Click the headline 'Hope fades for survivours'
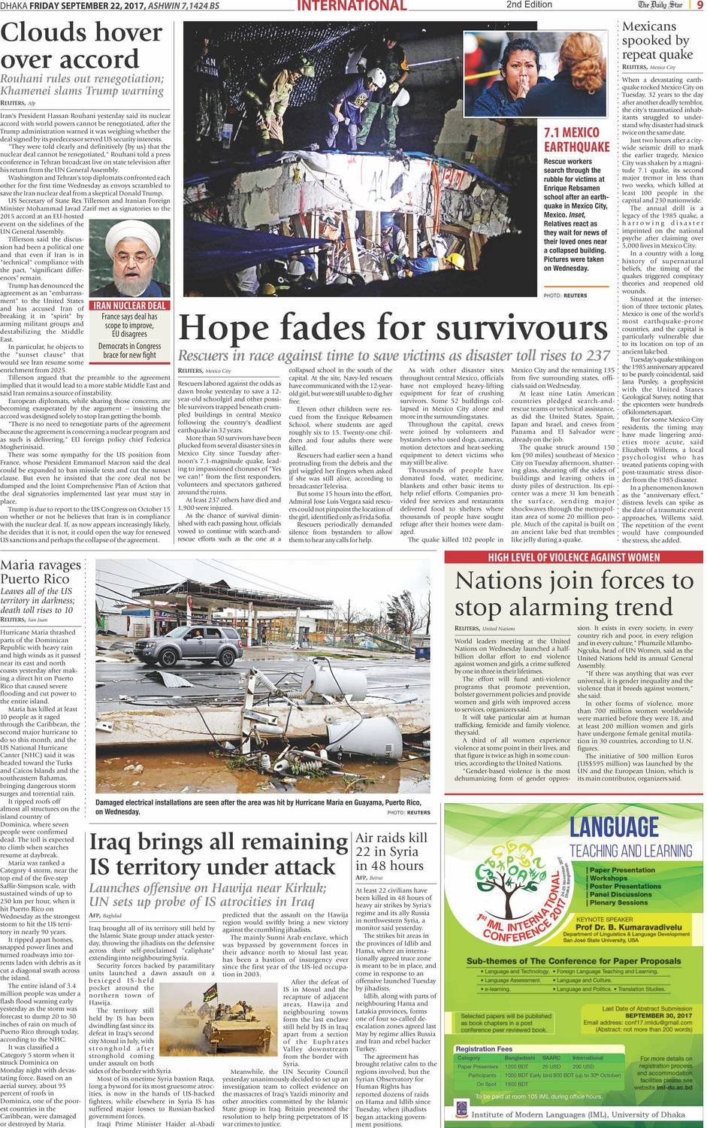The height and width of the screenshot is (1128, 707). pos(393,329)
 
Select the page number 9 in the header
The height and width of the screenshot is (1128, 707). pos(698,5)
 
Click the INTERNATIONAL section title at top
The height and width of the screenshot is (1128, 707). pos(352,6)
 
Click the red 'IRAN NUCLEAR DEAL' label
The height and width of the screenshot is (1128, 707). pos(129,305)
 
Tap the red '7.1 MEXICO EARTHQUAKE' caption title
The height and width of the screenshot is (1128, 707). pos(576,140)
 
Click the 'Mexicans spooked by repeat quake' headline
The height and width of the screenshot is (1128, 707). pos(656,41)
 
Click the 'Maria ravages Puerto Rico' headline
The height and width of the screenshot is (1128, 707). pos(41,572)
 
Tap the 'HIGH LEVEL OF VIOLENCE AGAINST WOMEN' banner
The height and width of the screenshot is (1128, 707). pos(574,557)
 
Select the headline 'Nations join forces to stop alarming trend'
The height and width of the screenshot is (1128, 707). pos(574,594)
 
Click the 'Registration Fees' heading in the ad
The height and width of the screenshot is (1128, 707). pos(484,1048)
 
